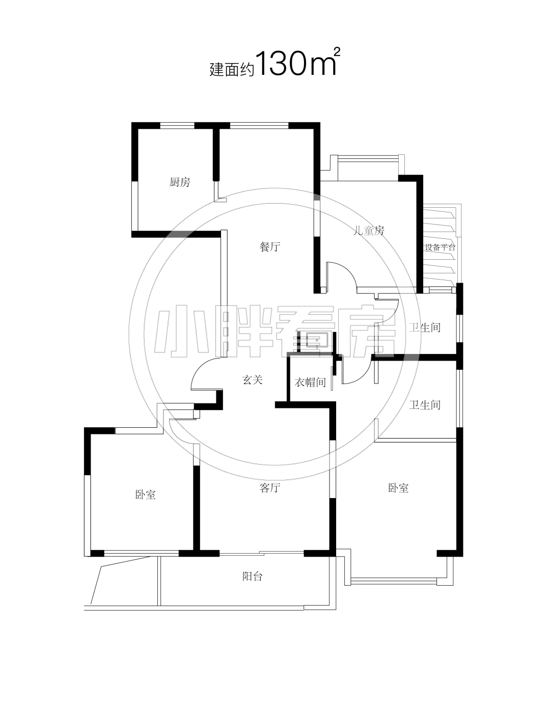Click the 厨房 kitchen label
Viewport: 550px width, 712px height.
(x=179, y=182)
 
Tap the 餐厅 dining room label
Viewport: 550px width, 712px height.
(x=270, y=247)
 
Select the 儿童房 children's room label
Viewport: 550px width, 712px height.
(x=369, y=231)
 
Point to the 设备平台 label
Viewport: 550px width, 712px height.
(x=441, y=248)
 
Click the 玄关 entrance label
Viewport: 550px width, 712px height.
(x=252, y=380)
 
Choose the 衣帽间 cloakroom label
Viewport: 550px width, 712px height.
(x=310, y=382)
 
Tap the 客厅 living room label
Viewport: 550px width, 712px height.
(x=270, y=488)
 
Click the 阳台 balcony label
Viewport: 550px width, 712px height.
(x=252, y=577)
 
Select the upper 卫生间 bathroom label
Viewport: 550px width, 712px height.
(x=425, y=327)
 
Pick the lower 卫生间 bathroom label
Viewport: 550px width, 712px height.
(x=425, y=405)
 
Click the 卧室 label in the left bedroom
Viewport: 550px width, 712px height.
(x=145, y=495)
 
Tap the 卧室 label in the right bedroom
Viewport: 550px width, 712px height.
(x=398, y=488)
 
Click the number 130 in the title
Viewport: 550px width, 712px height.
(x=281, y=64)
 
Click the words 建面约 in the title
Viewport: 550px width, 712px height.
(x=232, y=70)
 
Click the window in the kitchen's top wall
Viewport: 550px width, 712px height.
(x=177, y=125)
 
